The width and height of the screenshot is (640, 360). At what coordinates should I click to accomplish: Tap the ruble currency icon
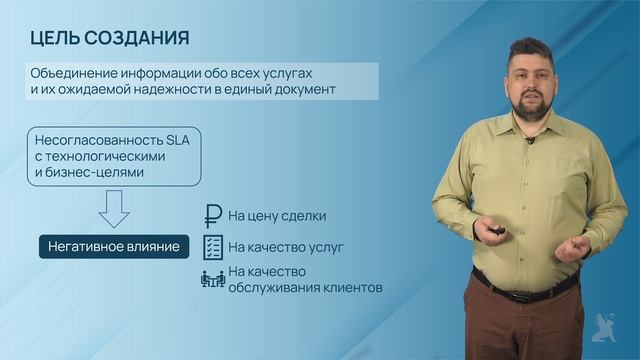coord(213,216)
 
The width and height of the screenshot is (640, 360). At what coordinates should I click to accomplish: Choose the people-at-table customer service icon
coord(213,279)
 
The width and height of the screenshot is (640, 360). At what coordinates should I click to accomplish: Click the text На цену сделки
coord(277,216)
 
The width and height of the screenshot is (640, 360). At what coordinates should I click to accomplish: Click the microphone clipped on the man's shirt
coord(529,140)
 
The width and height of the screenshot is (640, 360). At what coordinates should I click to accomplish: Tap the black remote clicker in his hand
coord(494,232)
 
